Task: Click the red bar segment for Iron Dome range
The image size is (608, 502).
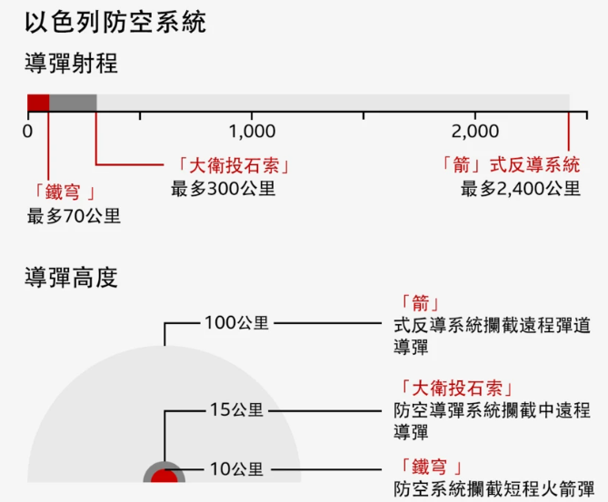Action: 38,103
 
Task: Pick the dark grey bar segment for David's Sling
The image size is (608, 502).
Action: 73,103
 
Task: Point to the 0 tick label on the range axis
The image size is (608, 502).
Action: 28,131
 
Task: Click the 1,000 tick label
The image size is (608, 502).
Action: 252,131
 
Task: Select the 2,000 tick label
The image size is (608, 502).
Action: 475,131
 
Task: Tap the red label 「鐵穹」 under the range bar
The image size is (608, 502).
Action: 64,192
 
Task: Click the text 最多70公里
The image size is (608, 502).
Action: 74,216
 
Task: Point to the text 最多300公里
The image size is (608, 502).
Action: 223,189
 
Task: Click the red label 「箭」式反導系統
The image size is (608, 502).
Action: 508,165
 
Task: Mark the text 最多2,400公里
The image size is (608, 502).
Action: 520,189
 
